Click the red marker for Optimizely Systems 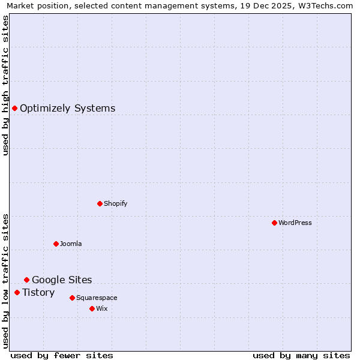(x=14, y=108)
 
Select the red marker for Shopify (x=100, y=203)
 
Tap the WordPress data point (x=274, y=223)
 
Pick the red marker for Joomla (x=56, y=244)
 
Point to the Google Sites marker (x=26, y=280)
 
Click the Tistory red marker (x=17, y=292)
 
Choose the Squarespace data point (x=72, y=298)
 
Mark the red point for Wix (x=92, y=308)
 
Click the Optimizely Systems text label (x=67, y=108)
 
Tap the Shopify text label (x=115, y=203)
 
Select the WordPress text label (x=295, y=223)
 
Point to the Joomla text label (x=71, y=244)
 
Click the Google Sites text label (x=62, y=280)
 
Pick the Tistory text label (x=38, y=292)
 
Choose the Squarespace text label (x=97, y=298)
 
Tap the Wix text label (x=101, y=308)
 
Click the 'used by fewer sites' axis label (x=62, y=355)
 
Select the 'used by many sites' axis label (x=301, y=355)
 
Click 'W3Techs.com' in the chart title (x=326, y=6)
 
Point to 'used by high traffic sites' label (x=6, y=85)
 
